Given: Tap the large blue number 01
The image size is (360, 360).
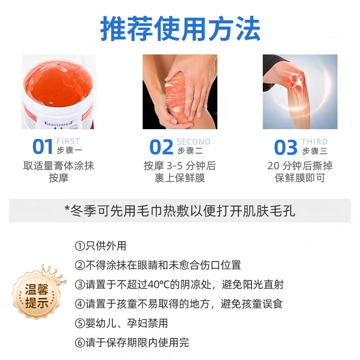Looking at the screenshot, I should [43, 148].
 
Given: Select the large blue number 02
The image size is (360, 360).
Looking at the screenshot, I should [161, 148].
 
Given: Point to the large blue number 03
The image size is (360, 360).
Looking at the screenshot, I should [286, 148].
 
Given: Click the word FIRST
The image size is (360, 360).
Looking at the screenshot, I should [68, 142].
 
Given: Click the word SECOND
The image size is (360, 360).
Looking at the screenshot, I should [193, 142].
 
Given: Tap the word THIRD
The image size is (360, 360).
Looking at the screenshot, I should [315, 142].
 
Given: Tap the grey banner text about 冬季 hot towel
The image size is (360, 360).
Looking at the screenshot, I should [180, 211].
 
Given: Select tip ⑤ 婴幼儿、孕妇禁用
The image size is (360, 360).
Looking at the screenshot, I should [121, 324].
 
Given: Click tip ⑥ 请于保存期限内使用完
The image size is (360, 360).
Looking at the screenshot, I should [132, 343].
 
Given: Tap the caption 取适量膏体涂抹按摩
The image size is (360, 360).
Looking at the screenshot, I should [58, 171].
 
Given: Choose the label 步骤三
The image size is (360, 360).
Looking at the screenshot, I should [315, 151].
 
